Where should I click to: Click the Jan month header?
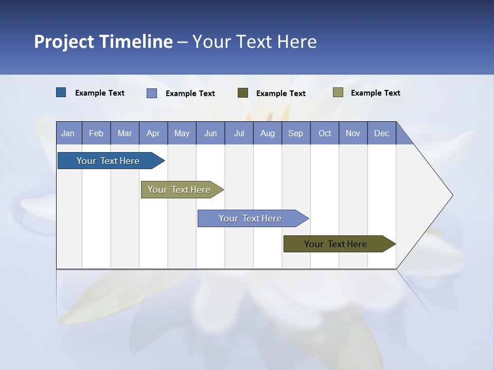coord(68,133)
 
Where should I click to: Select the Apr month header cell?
coord(153,133)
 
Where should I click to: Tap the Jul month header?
coord(239,133)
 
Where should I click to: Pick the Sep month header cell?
coord(296,133)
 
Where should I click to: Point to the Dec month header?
coord(381,133)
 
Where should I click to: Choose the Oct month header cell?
coord(325,133)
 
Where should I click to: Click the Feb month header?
coord(96,133)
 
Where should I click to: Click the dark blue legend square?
coord(61,92)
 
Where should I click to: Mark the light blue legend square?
coord(152,93)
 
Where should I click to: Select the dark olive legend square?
coord(243,93)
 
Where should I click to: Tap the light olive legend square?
coord(338,92)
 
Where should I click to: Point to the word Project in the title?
coord(64,42)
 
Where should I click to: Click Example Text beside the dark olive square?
coord(281,94)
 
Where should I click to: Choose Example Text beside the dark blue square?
coord(100,93)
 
